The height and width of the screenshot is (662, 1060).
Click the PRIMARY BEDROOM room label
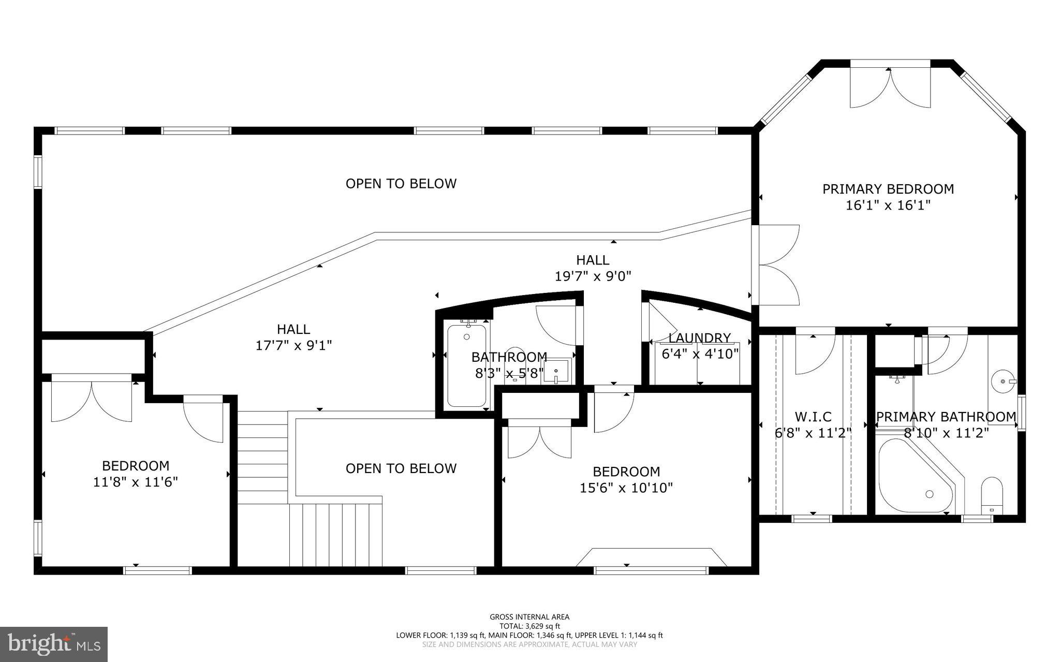point(888,189)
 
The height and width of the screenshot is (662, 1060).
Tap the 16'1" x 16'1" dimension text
point(888,205)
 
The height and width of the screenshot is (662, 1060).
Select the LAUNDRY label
point(699,338)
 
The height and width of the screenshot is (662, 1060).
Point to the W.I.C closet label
point(813,416)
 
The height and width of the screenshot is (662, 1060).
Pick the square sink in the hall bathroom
point(556,371)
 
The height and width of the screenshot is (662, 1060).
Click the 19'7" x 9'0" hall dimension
point(593,276)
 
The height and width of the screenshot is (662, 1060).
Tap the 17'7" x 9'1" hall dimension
point(293,345)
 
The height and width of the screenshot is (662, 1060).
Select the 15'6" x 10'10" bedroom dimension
point(626,488)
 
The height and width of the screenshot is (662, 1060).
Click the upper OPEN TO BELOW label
point(401,184)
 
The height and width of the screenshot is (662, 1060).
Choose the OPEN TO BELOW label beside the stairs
point(401,468)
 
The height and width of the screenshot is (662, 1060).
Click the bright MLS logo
point(54,644)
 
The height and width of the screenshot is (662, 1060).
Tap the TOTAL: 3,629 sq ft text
point(529,626)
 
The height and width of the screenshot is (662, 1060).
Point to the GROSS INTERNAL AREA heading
point(529,616)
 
